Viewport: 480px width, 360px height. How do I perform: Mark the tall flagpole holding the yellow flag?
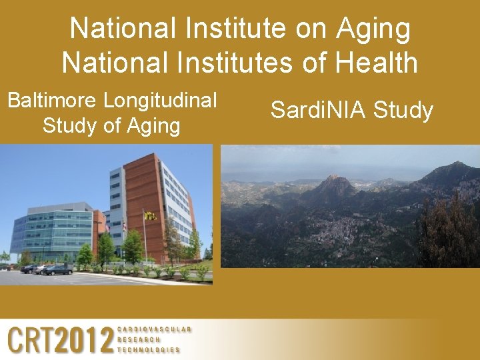(144, 240)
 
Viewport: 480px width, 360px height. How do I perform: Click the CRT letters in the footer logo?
(30, 340)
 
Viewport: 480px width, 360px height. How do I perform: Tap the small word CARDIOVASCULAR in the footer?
(154, 329)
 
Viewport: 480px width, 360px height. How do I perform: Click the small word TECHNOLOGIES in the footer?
(149, 349)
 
